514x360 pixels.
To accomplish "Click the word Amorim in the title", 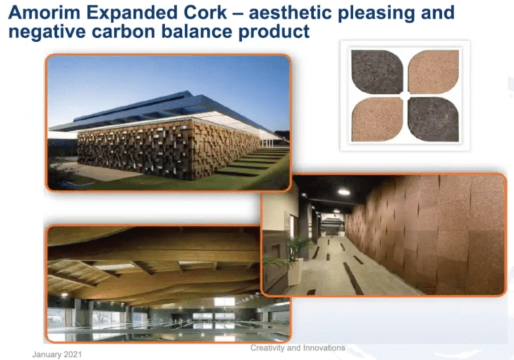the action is tap(44, 13).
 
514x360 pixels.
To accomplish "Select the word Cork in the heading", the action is tap(205, 13).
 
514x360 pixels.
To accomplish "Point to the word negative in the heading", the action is tap(47, 32).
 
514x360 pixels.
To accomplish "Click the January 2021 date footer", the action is tap(57, 354).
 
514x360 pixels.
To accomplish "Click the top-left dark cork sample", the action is tap(377, 72).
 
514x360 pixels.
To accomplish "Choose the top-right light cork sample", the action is tap(433, 72).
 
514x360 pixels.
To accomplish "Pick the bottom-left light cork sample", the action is tap(377, 119).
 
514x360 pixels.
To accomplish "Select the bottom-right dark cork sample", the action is tap(433, 119).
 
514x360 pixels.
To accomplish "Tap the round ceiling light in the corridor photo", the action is tap(344, 192).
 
